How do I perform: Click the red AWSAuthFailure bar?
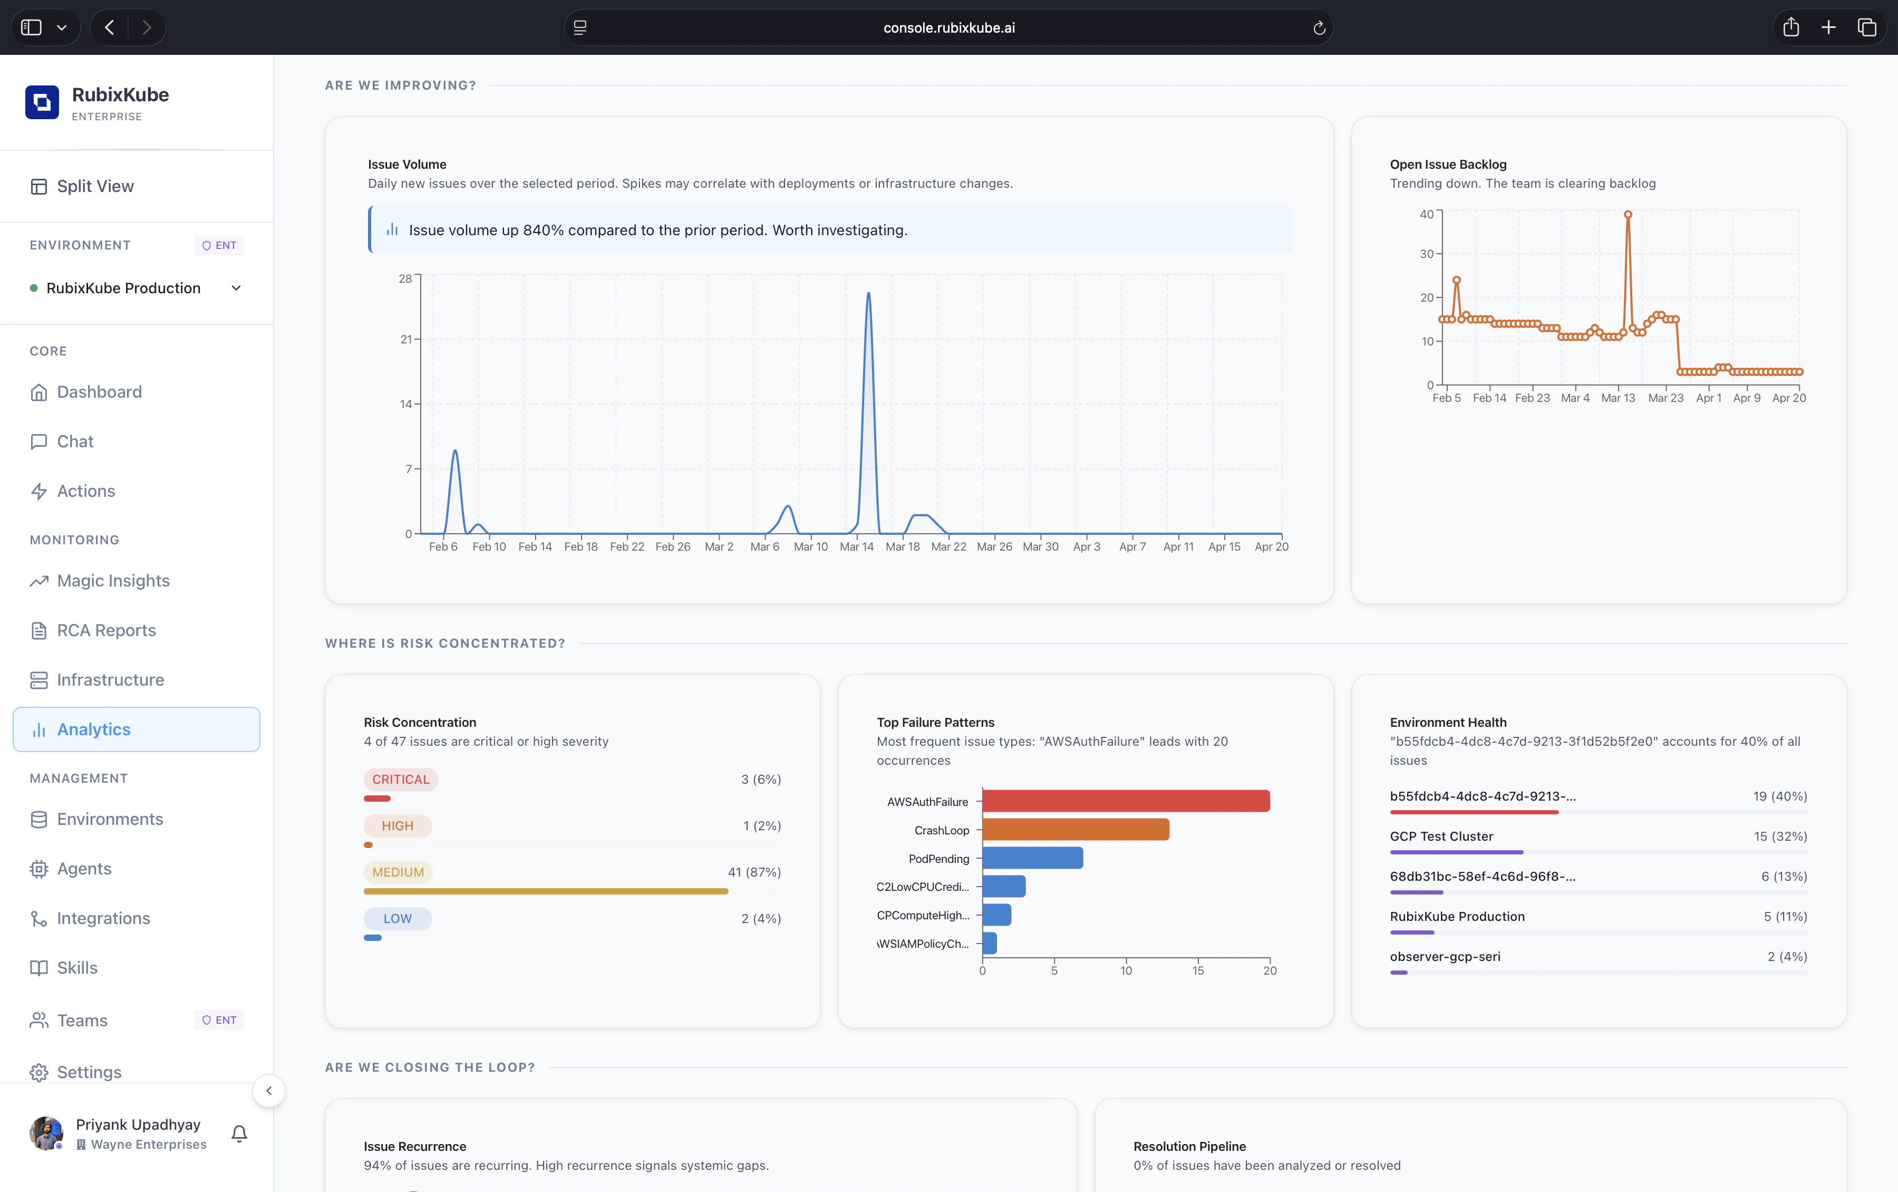coord(1125,801)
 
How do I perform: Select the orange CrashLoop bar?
coord(1076,829)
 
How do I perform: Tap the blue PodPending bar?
coord(1032,858)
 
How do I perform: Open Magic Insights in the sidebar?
coord(113,581)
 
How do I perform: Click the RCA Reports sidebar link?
coord(106,631)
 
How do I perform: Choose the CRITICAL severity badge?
coord(400,780)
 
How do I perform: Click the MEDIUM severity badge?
coord(398,872)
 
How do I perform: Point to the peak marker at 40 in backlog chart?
coord(1628,215)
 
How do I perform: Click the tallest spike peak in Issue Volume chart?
coord(868,294)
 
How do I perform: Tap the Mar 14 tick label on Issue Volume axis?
coord(856,547)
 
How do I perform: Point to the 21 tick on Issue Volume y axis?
coord(406,340)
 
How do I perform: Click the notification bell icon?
coord(239,1133)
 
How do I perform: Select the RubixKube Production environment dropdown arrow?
coord(236,289)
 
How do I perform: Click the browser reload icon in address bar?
coord(1319,28)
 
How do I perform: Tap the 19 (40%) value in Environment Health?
coord(1779,796)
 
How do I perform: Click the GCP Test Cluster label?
coord(1441,837)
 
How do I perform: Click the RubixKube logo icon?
coord(42,102)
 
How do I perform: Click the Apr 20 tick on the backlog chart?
coord(1788,398)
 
